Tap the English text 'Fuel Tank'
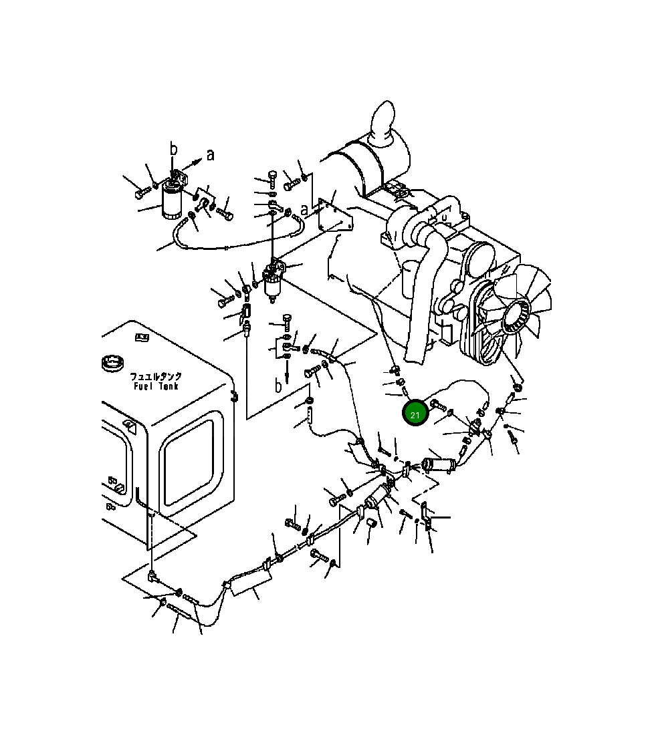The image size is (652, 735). coord(155,387)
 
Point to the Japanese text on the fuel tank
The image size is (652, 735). coord(156,377)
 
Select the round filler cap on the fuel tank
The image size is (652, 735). coord(112,365)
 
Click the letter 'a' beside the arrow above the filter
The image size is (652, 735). coord(211,155)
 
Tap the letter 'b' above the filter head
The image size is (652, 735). coord(173,149)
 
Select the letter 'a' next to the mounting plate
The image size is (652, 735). coord(305,210)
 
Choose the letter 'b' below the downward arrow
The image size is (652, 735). coord(278,386)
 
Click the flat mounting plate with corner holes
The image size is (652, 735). coord(334,214)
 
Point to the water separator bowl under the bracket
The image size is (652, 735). coord(272,287)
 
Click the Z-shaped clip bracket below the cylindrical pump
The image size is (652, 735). coord(425,514)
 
